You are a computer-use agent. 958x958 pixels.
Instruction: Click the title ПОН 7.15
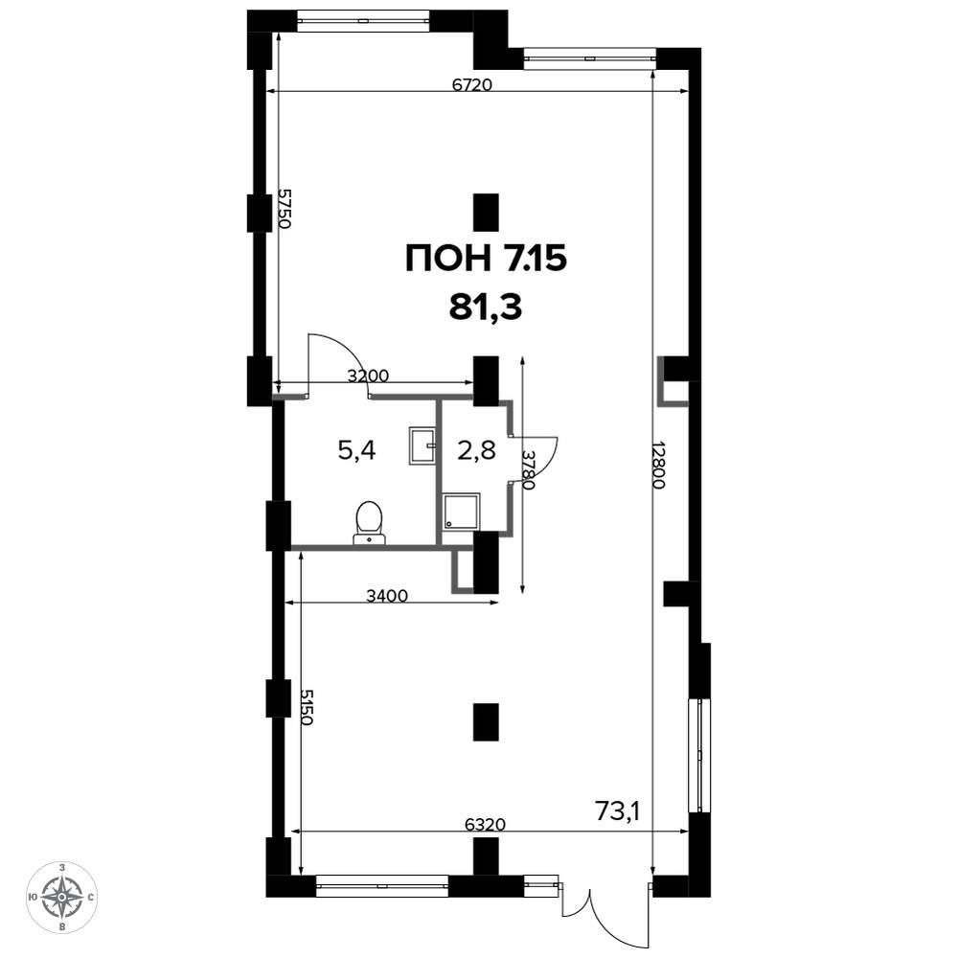click(x=487, y=259)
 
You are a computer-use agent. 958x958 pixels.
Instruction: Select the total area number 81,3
click(x=486, y=308)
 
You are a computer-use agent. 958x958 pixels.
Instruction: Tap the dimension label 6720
click(x=472, y=84)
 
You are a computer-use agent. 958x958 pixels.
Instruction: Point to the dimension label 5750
click(x=284, y=208)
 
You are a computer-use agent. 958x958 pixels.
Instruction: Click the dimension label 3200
click(x=368, y=376)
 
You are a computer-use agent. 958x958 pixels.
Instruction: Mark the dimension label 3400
click(x=387, y=595)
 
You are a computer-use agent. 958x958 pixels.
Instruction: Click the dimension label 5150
click(x=307, y=707)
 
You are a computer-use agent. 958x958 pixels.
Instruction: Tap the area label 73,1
click(x=617, y=811)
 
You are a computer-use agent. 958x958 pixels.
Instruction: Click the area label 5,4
click(x=356, y=451)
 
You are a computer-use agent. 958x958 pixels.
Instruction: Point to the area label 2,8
click(x=476, y=451)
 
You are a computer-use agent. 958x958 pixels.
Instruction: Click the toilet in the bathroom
click(x=369, y=522)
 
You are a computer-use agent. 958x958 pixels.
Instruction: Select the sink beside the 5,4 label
click(x=422, y=446)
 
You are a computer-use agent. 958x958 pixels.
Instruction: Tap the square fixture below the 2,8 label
click(x=462, y=511)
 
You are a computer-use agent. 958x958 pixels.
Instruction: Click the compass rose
click(x=62, y=897)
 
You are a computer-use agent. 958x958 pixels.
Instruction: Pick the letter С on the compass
click(x=91, y=898)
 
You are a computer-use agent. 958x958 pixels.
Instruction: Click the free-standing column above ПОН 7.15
click(x=487, y=213)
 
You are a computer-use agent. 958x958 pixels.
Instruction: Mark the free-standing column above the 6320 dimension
click(x=487, y=721)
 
